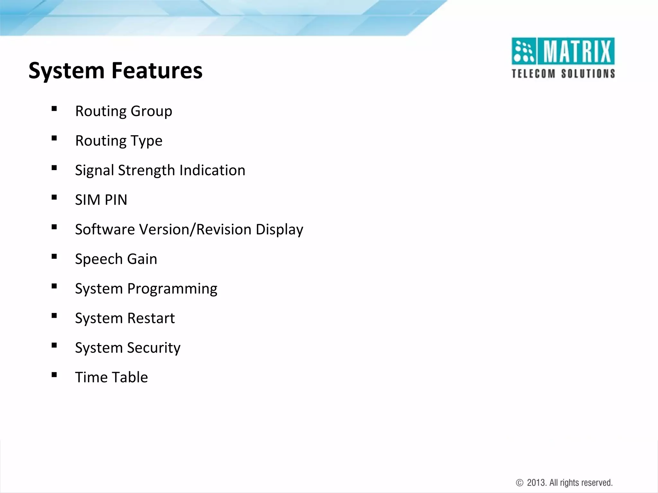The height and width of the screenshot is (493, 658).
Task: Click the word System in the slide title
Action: [x=67, y=71]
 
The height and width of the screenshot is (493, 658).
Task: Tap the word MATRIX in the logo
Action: [x=577, y=51]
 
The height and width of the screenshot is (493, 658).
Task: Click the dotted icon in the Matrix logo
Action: [x=524, y=51]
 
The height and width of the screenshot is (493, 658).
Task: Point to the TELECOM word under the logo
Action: [x=533, y=74]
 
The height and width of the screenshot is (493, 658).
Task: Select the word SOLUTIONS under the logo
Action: [x=588, y=74]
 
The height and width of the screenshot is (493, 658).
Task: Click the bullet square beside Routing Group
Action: [x=54, y=109]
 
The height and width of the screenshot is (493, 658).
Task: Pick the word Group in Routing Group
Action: [x=151, y=111]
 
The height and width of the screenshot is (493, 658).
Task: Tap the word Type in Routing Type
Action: [x=146, y=141]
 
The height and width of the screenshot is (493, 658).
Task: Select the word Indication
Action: [x=212, y=170]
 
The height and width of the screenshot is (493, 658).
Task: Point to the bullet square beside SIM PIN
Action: [x=54, y=197]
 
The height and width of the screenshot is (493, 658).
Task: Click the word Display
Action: [x=280, y=230]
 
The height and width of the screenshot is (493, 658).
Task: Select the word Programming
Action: [x=172, y=289]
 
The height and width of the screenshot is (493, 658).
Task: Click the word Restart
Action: [x=151, y=318]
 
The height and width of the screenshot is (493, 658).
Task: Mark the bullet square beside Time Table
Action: [x=54, y=375]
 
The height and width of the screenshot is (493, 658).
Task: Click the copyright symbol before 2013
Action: [x=520, y=483]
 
